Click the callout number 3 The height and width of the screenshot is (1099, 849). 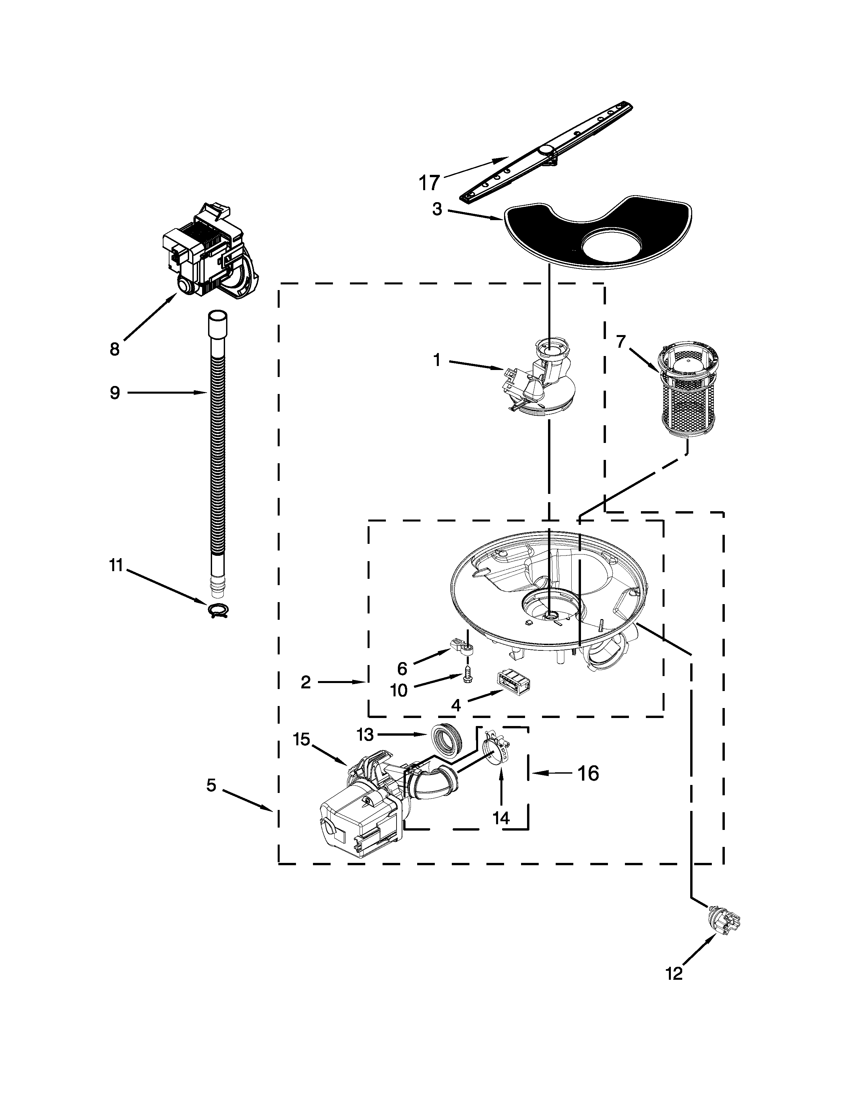point(437,209)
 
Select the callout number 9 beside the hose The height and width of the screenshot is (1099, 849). point(115,393)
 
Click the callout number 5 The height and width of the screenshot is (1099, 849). point(211,785)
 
